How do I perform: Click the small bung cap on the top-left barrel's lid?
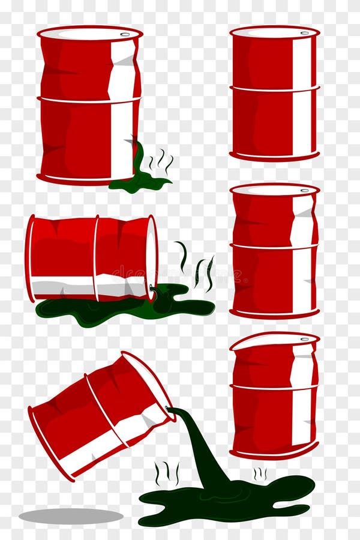point(125,34)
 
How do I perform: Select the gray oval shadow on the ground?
point(71,515)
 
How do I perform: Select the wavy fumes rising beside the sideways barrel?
point(196,267)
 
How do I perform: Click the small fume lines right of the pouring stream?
point(260,474)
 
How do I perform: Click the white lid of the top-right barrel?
point(274,32)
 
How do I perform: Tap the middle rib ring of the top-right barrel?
point(274,91)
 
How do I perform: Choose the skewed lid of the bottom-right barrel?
point(274,341)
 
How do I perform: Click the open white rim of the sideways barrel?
point(152,258)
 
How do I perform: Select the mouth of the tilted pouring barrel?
point(148,384)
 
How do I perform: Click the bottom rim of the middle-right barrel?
point(274,313)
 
